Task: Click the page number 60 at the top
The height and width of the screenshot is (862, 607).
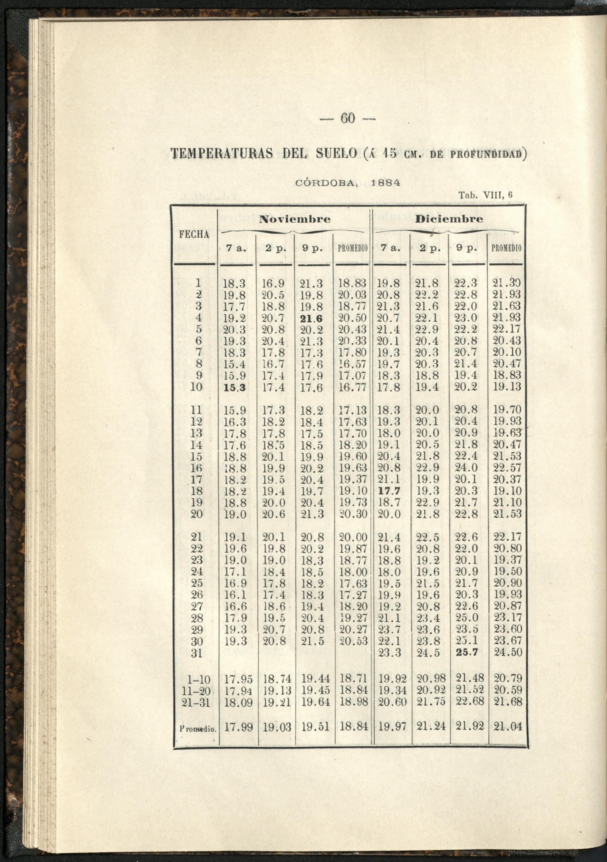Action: point(348,119)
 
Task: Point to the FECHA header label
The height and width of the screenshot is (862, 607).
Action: point(194,235)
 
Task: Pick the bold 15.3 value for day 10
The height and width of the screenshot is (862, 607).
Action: point(235,388)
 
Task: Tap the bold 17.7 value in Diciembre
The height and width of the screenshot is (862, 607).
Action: point(389,491)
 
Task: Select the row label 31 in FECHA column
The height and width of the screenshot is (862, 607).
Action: point(197,654)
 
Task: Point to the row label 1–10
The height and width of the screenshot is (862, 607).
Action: point(198,680)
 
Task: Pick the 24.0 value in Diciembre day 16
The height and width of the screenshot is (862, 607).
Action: point(466,468)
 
